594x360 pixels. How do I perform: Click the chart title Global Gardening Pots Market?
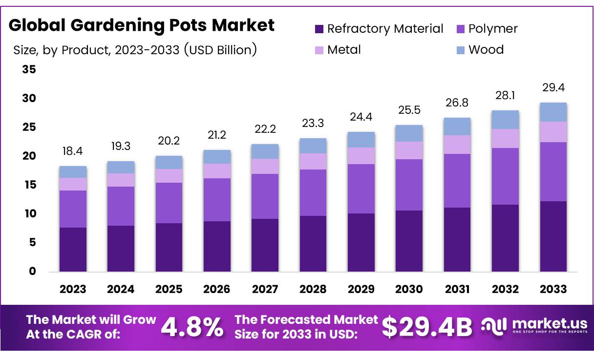point(142,25)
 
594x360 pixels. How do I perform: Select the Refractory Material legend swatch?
point(319,29)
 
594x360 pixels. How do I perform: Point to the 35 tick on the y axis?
point(29,70)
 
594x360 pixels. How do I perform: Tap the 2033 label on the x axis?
point(553,289)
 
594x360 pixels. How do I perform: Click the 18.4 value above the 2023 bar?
point(72,151)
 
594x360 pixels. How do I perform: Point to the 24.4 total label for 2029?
point(361,117)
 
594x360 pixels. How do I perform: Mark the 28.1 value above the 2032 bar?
point(505,95)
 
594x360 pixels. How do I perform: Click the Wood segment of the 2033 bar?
point(553,112)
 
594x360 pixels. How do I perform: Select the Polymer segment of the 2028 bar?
point(313,192)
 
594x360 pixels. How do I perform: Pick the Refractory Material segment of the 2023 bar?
point(73,249)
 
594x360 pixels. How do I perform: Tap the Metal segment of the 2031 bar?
point(457,145)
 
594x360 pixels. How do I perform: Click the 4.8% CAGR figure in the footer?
point(192,327)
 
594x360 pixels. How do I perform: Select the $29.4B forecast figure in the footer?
point(427,327)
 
